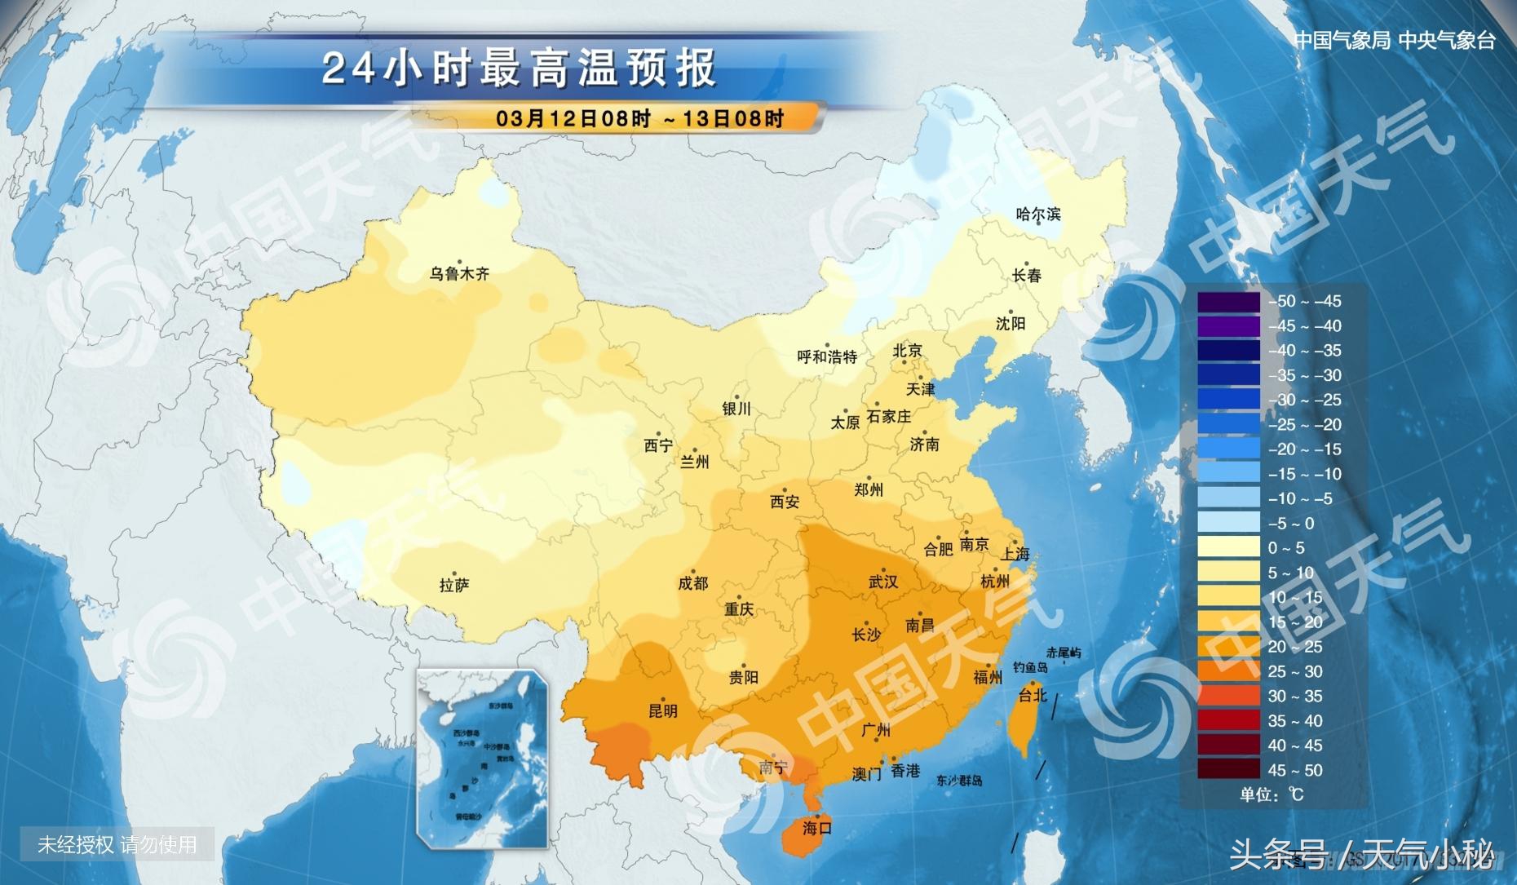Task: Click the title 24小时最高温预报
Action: pyautogui.click(x=520, y=69)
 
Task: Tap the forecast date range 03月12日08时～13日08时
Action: pyautogui.click(x=640, y=118)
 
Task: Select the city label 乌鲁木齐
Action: pyautogui.click(x=459, y=274)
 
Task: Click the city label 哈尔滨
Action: pyautogui.click(x=1038, y=215)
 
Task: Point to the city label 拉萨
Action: pyautogui.click(x=454, y=585)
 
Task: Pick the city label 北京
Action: pyautogui.click(x=907, y=351)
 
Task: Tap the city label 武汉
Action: pyautogui.click(x=883, y=582)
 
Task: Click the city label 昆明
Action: pyautogui.click(x=662, y=710)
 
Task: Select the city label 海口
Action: pyautogui.click(x=816, y=828)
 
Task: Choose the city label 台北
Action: pyautogui.click(x=1033, y=695)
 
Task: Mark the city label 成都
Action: pyautogui.click(x=693, y=583)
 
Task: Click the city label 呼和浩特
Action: pyautogui.click(x=827, y=356)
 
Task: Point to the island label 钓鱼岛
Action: pyautogui.click(x=1030, y=667)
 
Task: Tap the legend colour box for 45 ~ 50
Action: pyautogui.click(x=1228, y=769)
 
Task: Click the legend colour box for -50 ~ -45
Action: pyautogui.click(x=1228, y=301)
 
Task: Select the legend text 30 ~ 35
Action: pyautogui.click(x=1294, y=696)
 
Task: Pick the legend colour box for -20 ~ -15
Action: pyautogui.click(x=1228, y=449)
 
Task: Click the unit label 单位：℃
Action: pyautogui.click(x=1272, y=794)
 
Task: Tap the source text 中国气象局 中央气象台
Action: pyautogui.click(x=1395, y=40)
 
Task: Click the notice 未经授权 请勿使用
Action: pyautogui.click(x=117, y=844)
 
